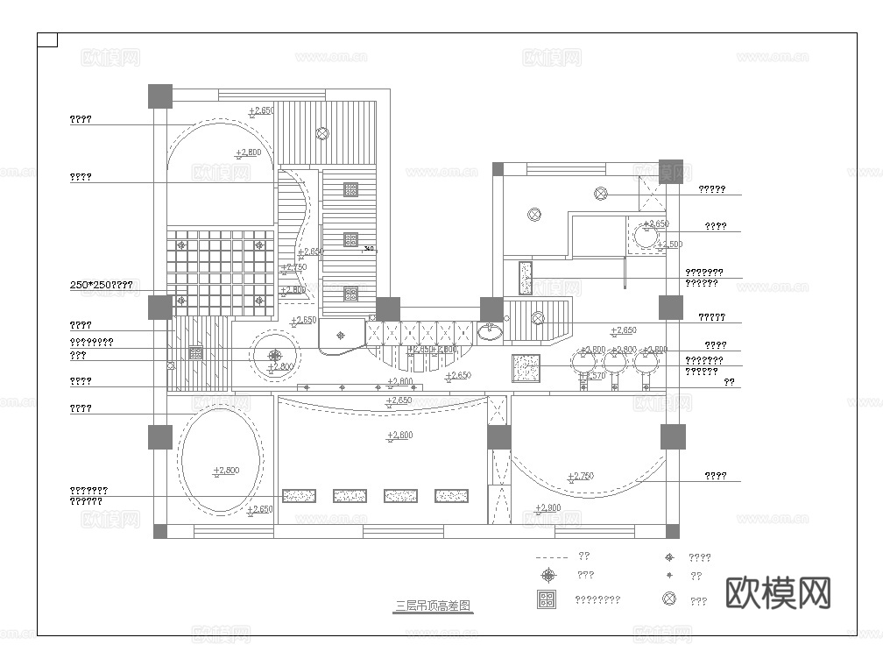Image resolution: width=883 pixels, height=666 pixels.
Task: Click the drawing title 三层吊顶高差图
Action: [x=433, y=606]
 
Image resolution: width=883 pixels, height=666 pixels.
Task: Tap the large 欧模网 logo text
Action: [x=778, y=593]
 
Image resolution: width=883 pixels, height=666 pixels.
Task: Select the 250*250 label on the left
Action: [x=101, y=285]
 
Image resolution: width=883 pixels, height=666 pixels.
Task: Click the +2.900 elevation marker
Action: [x=547, y=508]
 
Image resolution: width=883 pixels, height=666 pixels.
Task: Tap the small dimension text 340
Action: [x=369, y=249]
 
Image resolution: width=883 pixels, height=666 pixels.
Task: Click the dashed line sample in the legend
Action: [x=551, y=556]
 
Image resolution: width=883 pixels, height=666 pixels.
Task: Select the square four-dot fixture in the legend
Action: [x=547, y=600]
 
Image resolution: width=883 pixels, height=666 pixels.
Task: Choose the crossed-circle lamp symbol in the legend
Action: [x=669, y=599]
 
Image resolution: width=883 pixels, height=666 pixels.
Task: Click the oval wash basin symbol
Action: [x=491, y=331]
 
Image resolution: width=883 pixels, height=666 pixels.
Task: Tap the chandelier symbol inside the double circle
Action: [x=275, y=355]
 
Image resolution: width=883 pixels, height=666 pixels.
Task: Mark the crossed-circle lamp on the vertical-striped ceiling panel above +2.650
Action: [x=322, y=133]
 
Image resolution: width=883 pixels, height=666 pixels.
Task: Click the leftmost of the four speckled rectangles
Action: [x=299, y=496]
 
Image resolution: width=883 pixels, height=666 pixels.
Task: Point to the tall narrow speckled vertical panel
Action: [x=526, y=278]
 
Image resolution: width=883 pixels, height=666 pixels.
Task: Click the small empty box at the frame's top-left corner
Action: [x=48, y=40]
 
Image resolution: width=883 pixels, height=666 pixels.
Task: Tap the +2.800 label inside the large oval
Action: [x=225, y=471]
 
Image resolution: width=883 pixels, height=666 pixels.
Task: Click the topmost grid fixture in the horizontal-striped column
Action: [x=350, y=188]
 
